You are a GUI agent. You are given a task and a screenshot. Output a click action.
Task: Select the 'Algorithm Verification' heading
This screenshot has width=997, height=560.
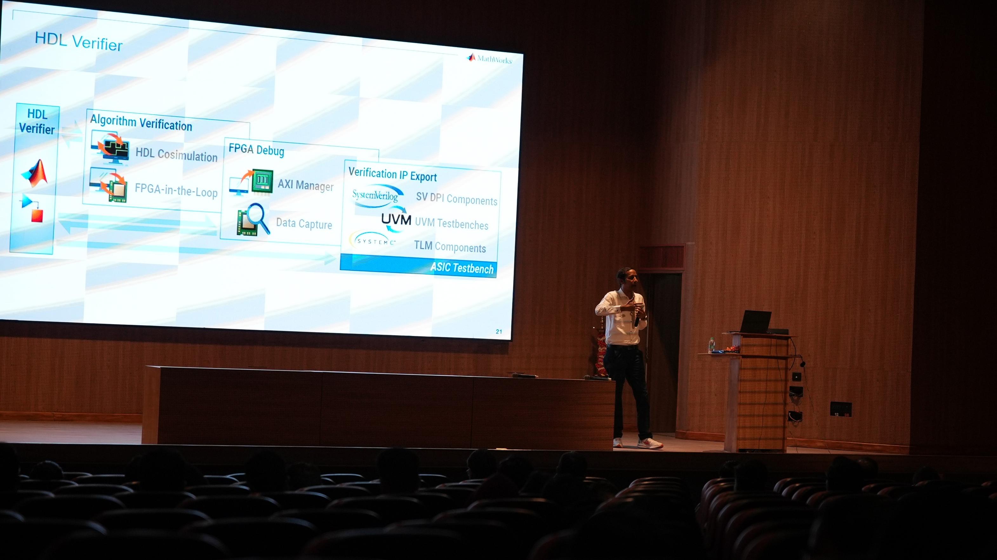[x=141, y=123]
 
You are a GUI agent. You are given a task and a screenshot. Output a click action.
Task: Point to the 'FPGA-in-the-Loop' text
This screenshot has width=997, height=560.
[x=176, y=191]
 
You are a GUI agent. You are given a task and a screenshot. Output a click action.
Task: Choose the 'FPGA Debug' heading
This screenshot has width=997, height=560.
[x=256, y=149]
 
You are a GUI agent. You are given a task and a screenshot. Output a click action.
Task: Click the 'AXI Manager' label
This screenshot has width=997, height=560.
[x=305, y=185]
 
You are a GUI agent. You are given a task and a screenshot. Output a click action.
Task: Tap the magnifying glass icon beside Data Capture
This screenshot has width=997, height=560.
[x=258, y=218]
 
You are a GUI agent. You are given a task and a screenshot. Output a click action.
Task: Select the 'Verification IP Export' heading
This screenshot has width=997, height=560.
[x=392, y=174]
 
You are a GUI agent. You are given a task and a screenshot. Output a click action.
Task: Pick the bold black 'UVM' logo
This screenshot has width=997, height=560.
[x=395, y=220]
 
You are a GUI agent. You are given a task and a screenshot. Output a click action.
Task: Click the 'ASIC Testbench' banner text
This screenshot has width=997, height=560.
[x=462, y=268]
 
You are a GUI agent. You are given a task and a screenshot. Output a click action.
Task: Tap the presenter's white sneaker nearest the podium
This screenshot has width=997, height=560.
[x=650, y=443]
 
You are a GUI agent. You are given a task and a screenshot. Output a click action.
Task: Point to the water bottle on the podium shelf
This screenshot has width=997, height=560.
[x=711, y=345]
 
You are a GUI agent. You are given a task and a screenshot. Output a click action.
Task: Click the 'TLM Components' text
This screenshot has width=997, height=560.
[x=450, y=247]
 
